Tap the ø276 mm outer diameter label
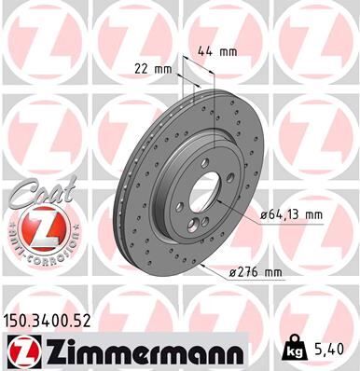(254, 271)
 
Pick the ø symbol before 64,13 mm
(264, 214)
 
